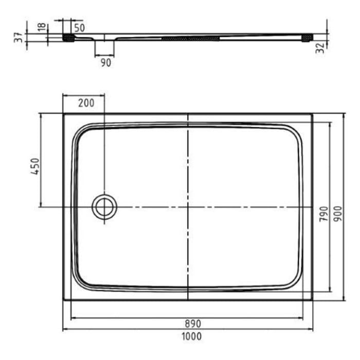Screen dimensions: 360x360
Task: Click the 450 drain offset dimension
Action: pos(35,166)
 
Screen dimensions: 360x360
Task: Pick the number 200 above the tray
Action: pos(86,103)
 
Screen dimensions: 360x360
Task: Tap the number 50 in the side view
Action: pos(79,27)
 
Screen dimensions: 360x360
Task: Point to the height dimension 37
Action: pos(19,37)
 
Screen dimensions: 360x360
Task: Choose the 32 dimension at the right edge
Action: pos(320,48)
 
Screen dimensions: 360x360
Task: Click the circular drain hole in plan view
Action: pos(104,207)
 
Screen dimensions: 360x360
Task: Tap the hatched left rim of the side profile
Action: pos(68,38)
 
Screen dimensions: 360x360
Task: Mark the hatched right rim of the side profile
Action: pos(308,38)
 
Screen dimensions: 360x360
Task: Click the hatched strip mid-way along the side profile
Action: pos(190,38)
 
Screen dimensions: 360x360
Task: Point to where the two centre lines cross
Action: pos(188,207)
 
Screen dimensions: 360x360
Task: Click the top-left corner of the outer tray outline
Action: pos(63,114)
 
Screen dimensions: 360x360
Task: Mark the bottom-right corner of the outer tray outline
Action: pos(312,300)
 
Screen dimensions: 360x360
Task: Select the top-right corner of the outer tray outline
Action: pos(312,114)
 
